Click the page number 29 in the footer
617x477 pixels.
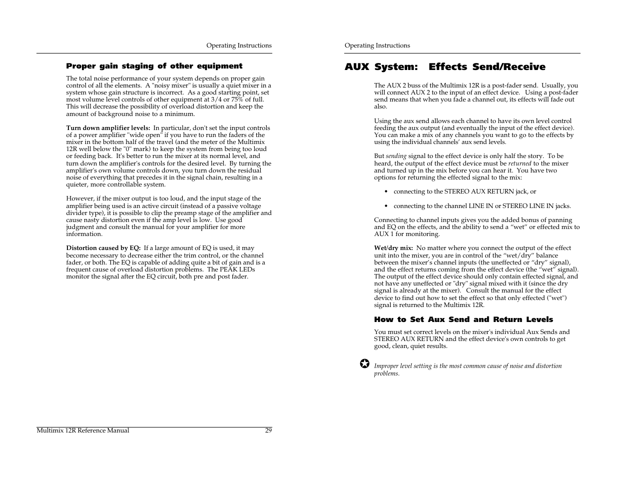point(268,430)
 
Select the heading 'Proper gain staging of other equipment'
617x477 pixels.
point(154,66)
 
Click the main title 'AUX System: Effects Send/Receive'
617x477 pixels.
point(445,67)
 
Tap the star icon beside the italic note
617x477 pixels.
point(365,364)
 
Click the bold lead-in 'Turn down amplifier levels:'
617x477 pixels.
point(108,128)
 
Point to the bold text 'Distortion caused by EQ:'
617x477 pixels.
point(103,248)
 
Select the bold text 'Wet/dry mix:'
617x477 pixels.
point(393,248)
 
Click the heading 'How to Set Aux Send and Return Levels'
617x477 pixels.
point(463,319)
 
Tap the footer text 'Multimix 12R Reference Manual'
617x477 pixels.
point(83,430)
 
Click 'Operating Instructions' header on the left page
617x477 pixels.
point(239,45)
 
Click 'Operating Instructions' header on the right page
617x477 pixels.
point(377,45)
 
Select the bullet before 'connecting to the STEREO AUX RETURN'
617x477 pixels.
point(386,192)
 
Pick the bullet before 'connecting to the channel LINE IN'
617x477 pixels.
point(386,206)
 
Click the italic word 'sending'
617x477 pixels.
point(396,156)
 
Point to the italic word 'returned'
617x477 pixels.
point(520,163)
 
